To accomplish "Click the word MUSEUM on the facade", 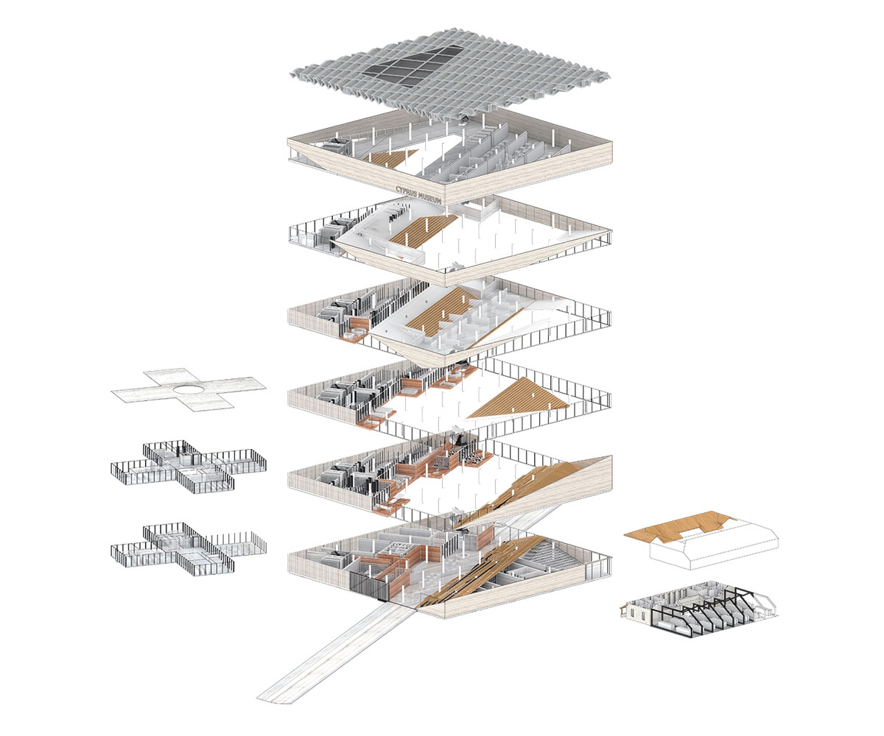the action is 429,197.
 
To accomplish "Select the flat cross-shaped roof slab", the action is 189,389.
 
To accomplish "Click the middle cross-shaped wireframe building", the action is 189,466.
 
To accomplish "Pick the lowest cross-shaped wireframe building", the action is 189,548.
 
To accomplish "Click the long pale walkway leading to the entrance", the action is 334,660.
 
